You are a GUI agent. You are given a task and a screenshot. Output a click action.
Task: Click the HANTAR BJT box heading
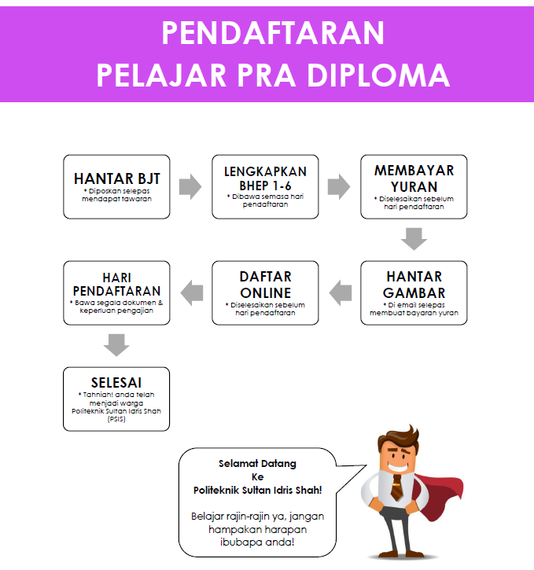[116, 178]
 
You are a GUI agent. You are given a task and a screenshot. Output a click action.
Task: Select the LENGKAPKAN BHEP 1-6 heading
[265, 178]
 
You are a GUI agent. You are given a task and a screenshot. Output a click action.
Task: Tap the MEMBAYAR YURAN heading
[414, 178]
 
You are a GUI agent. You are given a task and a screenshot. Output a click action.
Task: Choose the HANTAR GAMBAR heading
[414, 285]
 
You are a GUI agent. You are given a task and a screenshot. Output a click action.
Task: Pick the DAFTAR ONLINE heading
[265, 285]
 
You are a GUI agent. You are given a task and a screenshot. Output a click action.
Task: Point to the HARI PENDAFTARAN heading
[116, 285]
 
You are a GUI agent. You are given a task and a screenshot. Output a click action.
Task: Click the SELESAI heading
[116, 382]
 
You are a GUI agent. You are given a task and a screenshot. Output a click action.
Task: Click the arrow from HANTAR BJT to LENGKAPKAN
[190, 187]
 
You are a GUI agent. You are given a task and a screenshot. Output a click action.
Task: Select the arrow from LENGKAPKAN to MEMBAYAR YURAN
[339, 187]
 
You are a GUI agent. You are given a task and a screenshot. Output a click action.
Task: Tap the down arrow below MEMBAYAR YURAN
[414, 239]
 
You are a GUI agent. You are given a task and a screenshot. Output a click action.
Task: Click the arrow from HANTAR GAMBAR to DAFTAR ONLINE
[341, 293]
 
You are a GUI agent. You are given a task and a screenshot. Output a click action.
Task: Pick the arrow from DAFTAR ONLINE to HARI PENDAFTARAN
[192, 293]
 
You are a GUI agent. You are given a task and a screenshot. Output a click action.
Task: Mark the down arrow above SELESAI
[116, 345]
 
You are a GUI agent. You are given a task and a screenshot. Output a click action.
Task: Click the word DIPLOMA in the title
[378, 75]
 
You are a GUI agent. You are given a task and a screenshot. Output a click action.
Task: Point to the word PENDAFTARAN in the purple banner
[273, 33]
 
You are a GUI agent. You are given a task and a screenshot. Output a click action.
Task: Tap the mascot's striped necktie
[397, 487]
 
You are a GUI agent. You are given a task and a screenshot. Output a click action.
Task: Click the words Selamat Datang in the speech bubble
[257, 464]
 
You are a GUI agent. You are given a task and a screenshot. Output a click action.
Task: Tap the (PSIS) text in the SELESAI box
[116, 419]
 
